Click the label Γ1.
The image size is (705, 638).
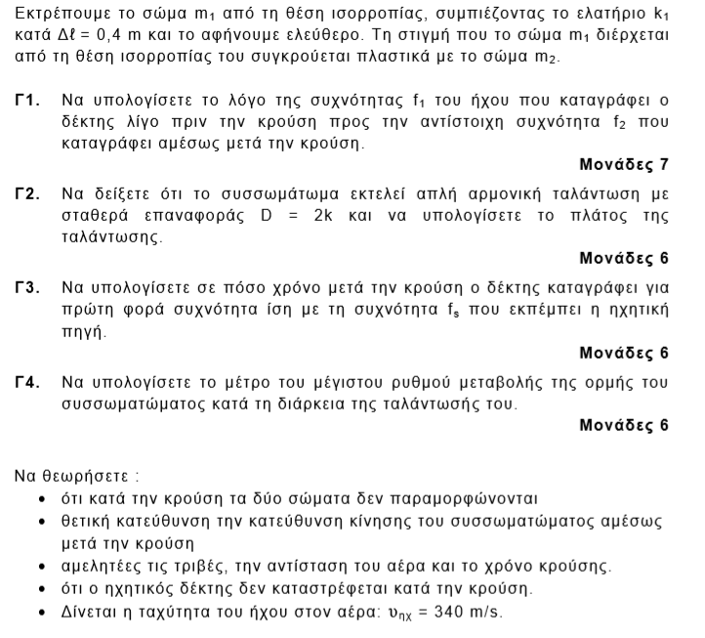27,102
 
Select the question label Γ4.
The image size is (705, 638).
27,382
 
